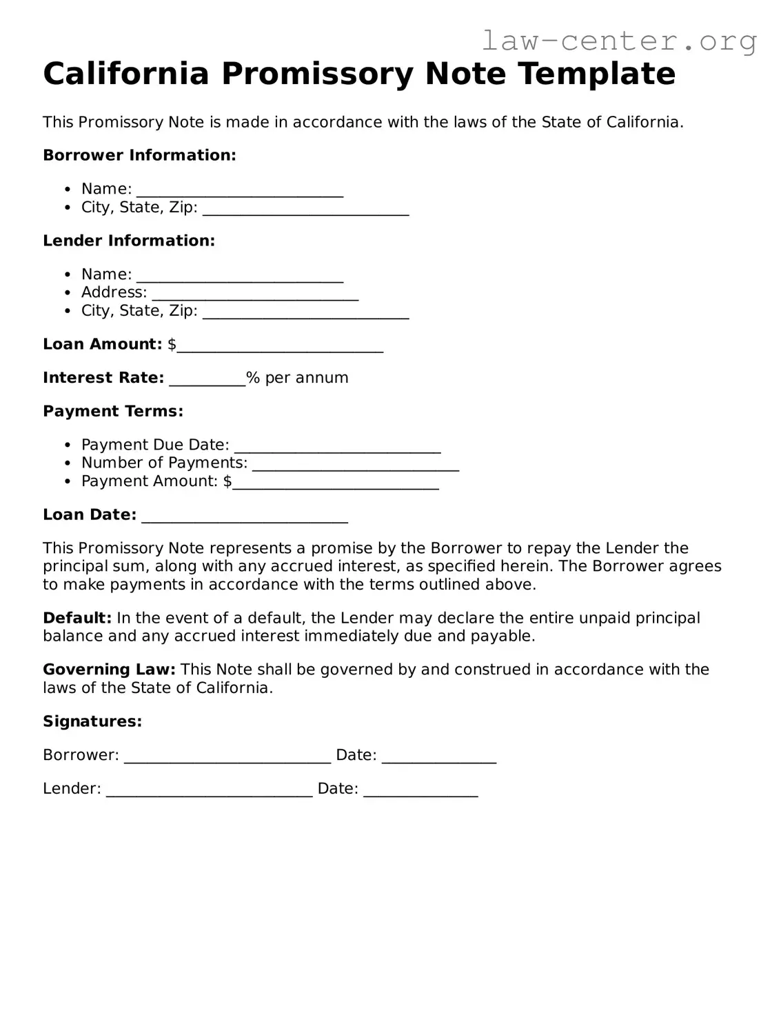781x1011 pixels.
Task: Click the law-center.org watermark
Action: (x=618, y=41)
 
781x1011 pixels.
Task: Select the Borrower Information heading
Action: (x=139, y=155)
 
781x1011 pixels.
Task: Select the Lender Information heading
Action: (x=129, y=241)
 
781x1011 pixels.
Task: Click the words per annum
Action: (x=307, y=378)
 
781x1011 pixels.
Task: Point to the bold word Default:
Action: (x=77, y=618)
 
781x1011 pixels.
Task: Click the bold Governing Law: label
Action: (x=109, y=670)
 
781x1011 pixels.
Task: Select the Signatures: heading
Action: (x=92, y=721)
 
